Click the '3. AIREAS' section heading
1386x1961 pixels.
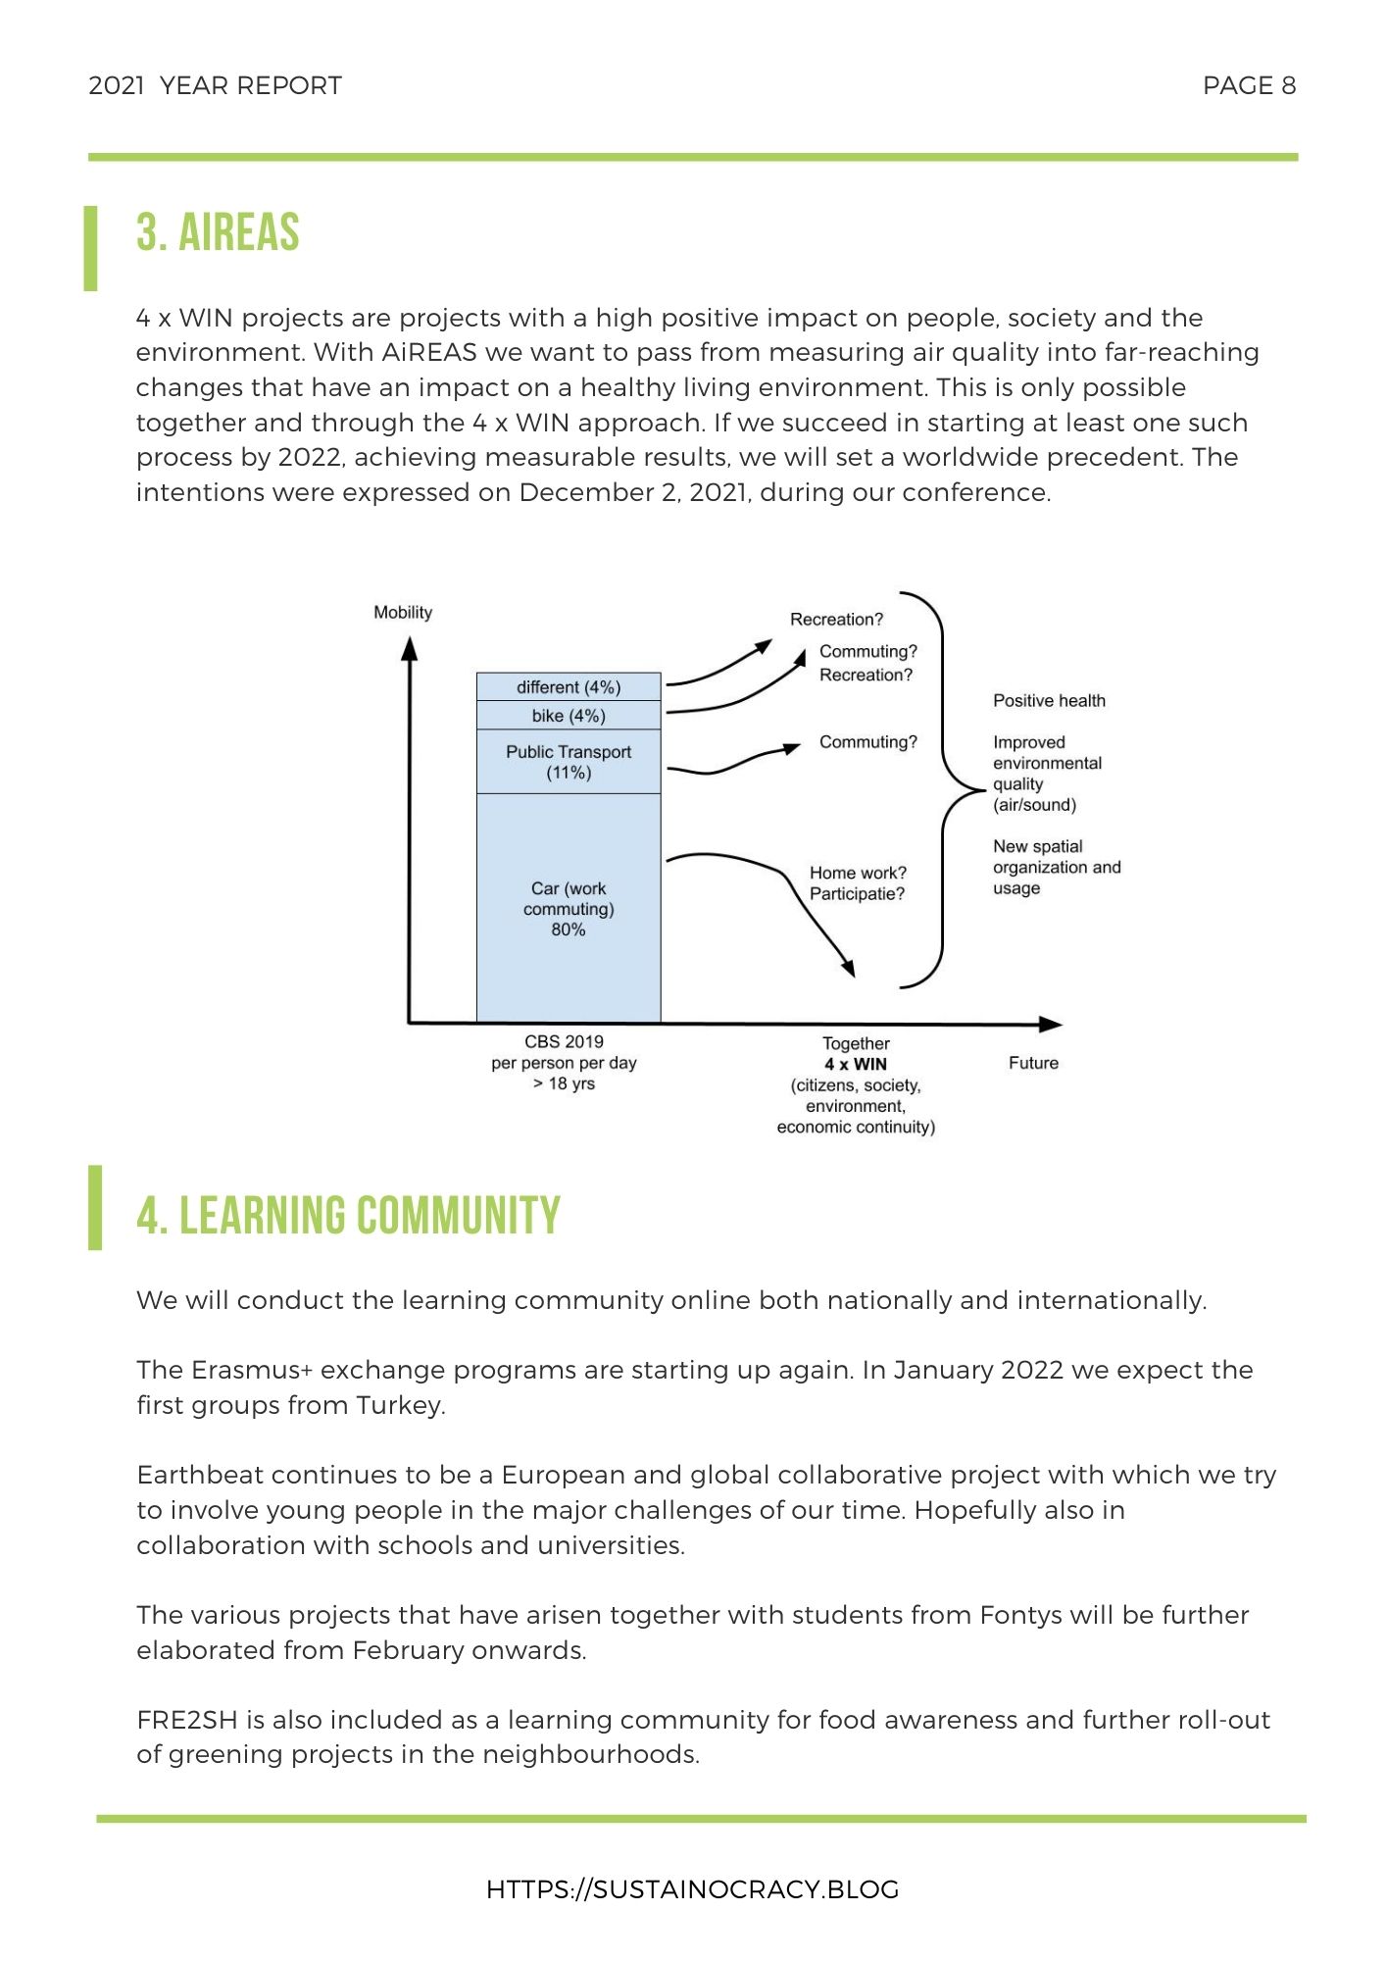click(x=218, y=233)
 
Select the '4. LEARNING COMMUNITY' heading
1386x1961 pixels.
click(x=348, y=1216)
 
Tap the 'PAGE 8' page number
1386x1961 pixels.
click(x=1249, y=86)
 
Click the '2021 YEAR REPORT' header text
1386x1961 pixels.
click(x=216, y=86)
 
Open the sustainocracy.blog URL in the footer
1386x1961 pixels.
click(x=692, y=1889)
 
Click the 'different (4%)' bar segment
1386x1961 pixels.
click(x=569, y=687)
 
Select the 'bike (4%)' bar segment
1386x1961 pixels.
click(x=569, y=716)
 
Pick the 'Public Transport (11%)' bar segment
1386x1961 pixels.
click(x=569, y=762)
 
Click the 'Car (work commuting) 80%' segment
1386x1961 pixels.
click(x=569, y=909)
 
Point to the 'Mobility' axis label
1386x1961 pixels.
click(x=403, y=613)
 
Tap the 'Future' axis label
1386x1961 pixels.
click(x=1033, y=1063)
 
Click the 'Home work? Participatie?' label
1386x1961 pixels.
click(x=858, y=883)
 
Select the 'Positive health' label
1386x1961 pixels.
click(x=1049, y=701)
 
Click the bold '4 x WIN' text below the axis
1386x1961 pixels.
click(x=856, y=1065)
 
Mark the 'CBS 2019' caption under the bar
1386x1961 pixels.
click(x=565, y=1042)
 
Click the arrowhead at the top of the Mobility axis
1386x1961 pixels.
click(x=410, y=649)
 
